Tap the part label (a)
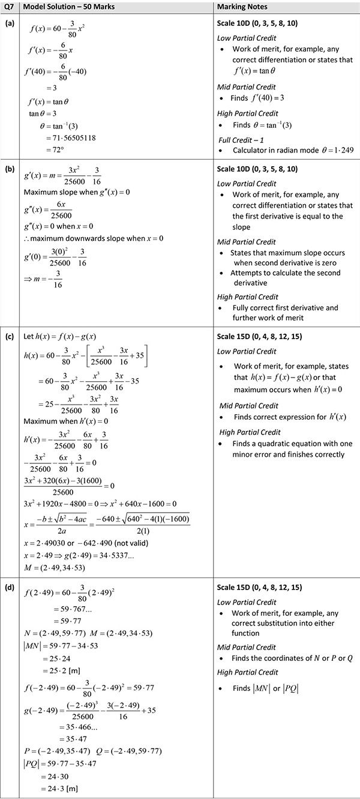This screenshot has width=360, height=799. coord(9,23)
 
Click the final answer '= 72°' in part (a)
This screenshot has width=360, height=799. coord(55,149)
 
